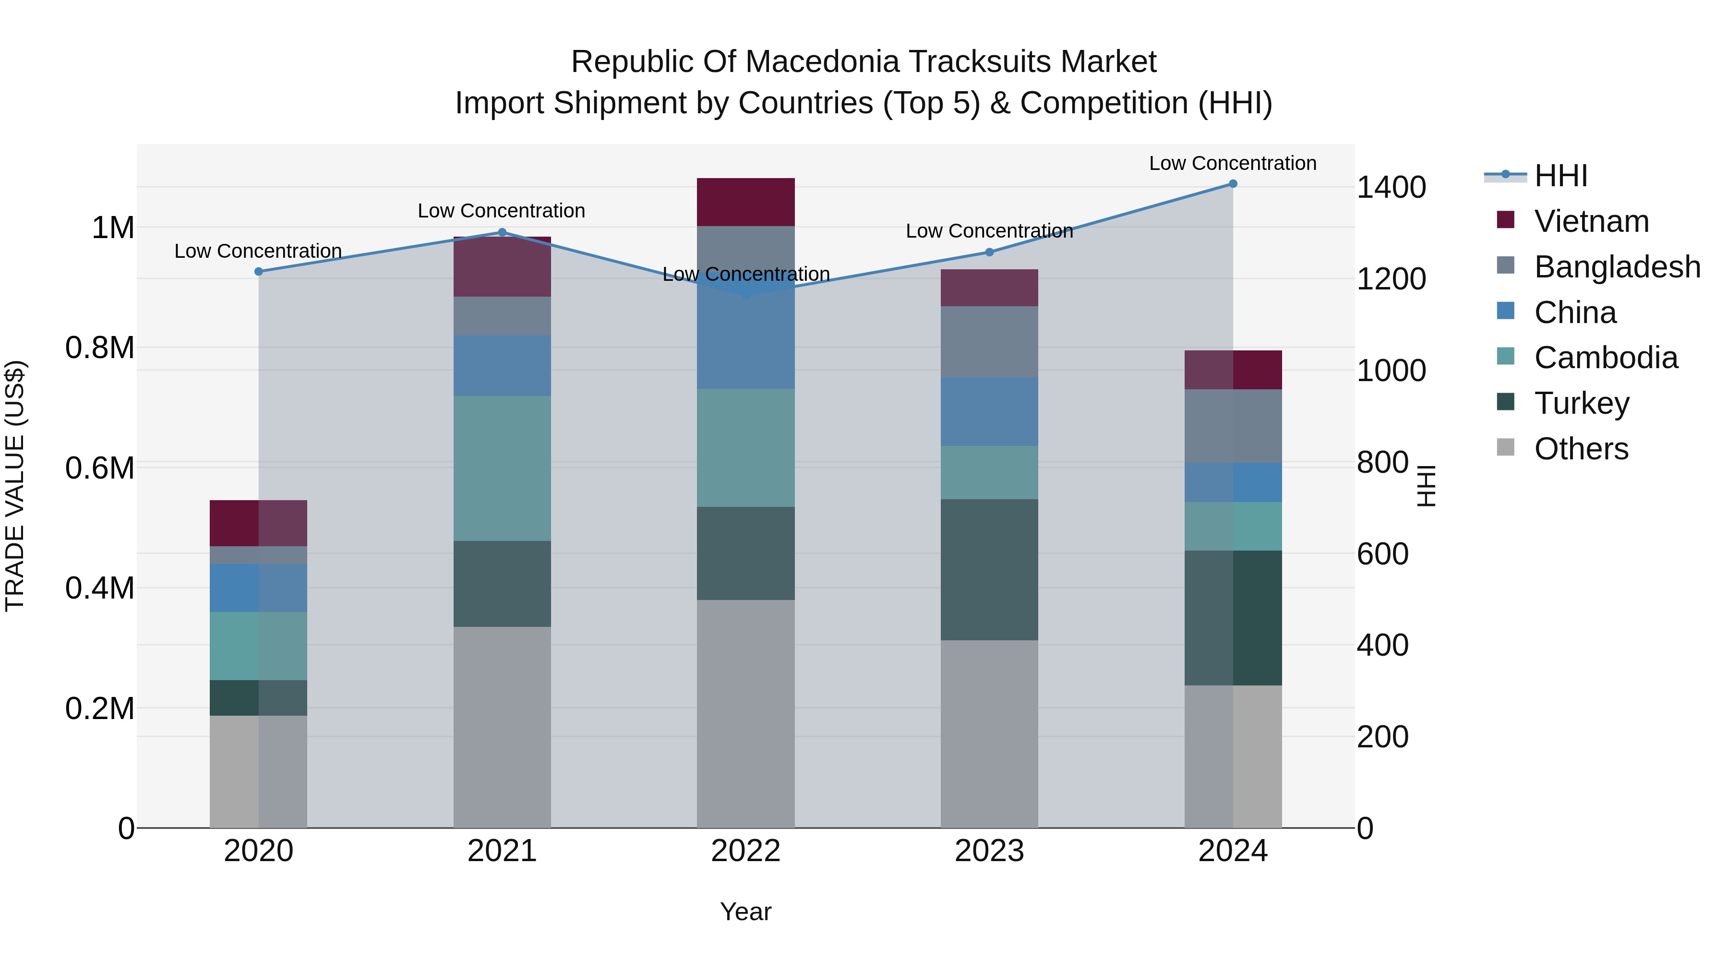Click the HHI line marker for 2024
1233,184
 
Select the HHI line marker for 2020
259,272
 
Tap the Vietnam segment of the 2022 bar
745,202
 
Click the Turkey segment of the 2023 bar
989,569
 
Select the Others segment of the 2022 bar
745,713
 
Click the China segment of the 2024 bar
1233,482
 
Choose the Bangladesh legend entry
1617,267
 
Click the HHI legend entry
1560,176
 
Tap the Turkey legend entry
1581,403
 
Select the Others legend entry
1581,449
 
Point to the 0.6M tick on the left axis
100,468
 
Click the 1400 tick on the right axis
1391,187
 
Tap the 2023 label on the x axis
989,851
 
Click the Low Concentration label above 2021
501,211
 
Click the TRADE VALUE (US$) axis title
15,486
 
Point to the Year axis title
745,912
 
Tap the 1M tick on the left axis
113,228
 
